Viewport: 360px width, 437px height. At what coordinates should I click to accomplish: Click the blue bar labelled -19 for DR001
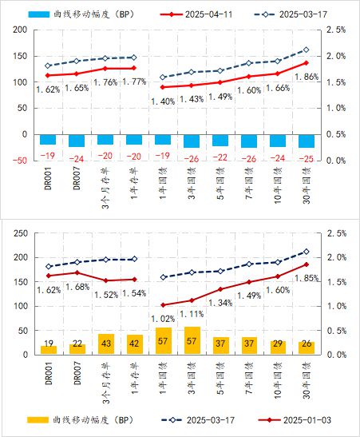pos(48,139)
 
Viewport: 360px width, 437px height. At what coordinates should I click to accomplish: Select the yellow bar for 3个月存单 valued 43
pos(106,344)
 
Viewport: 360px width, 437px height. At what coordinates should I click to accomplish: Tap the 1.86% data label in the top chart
pos(307,77)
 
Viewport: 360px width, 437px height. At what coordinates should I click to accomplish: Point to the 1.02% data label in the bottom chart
pos(163,319)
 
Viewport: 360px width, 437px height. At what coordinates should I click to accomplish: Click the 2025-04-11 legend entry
pos(196,14)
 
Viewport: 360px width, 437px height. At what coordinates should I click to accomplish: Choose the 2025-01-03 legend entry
pos(295,419)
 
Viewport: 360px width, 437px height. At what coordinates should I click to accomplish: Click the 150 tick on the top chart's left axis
pos(20,56)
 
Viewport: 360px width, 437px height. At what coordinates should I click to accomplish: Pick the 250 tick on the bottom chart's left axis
pos(21,233)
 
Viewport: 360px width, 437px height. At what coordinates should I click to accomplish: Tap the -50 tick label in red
pos(19,161)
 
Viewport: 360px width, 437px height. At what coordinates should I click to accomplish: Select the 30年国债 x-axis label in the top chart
pos(307,185)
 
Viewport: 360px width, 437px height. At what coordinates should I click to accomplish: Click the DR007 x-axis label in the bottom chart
pos(77,373)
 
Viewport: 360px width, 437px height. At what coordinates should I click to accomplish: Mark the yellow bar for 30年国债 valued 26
pos(307,348)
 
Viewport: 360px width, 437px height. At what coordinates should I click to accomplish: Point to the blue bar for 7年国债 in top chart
pos(249,141)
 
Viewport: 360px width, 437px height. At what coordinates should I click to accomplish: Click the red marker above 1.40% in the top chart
pos(163,87)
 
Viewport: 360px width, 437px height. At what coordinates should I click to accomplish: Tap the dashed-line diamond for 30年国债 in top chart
pos(307,50)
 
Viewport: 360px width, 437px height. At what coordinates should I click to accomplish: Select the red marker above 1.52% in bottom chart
pos(106,280)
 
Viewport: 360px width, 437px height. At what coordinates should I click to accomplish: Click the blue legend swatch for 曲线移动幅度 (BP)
pos(39,14)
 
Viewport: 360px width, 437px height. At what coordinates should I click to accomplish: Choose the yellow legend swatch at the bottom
pos(38,419)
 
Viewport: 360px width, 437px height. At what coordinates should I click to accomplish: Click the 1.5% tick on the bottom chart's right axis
pos(337,282)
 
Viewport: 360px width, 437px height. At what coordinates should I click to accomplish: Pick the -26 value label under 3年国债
pos(192,159)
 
